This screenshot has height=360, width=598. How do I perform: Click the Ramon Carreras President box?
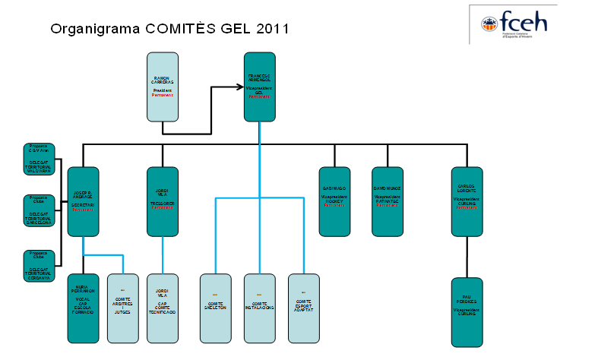163,87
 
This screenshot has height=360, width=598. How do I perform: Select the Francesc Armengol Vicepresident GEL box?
259,87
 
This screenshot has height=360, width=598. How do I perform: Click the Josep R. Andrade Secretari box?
83,201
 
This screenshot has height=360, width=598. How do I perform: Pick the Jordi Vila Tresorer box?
163,201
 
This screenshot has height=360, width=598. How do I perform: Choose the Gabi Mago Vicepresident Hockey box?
334,201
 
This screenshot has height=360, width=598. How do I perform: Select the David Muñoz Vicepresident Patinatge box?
388,201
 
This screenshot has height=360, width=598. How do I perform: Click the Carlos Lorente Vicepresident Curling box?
467,201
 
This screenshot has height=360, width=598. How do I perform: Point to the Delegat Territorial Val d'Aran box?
39,159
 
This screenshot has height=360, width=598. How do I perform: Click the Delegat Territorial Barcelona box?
39,212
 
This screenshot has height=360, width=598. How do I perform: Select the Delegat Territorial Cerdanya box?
39,266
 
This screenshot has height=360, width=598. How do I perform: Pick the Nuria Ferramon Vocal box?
83,308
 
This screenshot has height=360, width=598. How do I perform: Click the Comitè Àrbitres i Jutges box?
123,308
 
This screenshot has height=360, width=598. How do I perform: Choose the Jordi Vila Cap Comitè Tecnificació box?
163,308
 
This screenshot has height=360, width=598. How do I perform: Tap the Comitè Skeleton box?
215,308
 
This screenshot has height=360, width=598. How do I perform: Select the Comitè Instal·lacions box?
259,308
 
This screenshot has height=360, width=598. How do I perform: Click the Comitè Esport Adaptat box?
303,308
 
